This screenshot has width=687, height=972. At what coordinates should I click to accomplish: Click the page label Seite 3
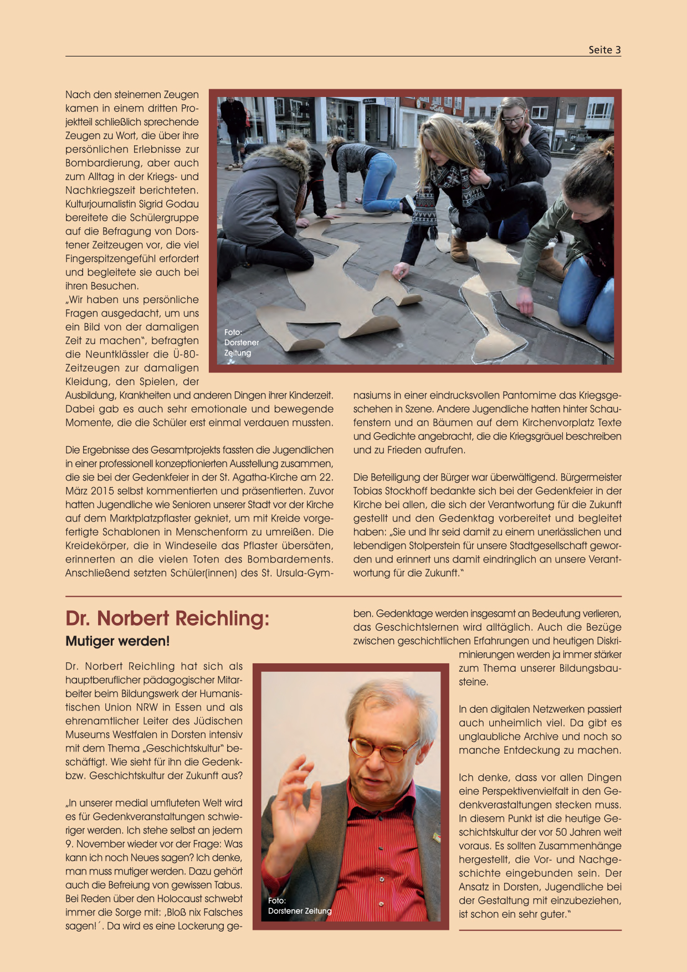click(604, 50)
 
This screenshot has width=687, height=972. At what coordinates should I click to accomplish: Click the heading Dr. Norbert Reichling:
click(167, 618)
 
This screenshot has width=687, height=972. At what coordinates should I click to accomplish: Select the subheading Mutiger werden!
click(117, 641)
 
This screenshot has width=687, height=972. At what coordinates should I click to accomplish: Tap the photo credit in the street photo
click(241, 342)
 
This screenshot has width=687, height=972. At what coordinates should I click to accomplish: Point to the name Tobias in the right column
click(369, 491)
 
